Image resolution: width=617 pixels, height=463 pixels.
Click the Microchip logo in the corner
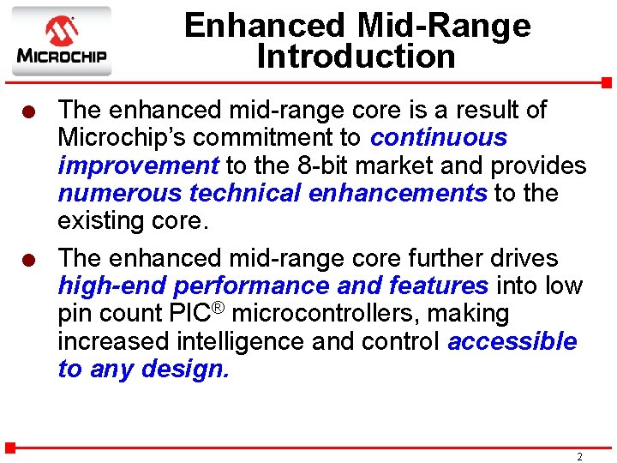pyautogui.click(x=61, y=41)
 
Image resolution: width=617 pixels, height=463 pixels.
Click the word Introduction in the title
pyautogui.click(x=356, y=57)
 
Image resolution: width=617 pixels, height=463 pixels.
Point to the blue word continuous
pyautogui.click(x=439, y=137)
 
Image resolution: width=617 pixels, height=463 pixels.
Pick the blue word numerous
pyautogui.click(x=119, y=193)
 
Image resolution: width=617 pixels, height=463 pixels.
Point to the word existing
pyautogui.click(x=98, y=220)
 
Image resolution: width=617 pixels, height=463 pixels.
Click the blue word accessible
pyautogui.click(x=512, y=341)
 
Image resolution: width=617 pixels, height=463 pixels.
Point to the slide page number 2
pyautogui.click(x=579, y=457)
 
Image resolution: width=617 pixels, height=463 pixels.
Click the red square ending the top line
pyautogui.click(x=606, y=83)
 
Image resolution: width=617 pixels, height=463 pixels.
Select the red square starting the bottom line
pyautogui.click(x=10, y=447)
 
